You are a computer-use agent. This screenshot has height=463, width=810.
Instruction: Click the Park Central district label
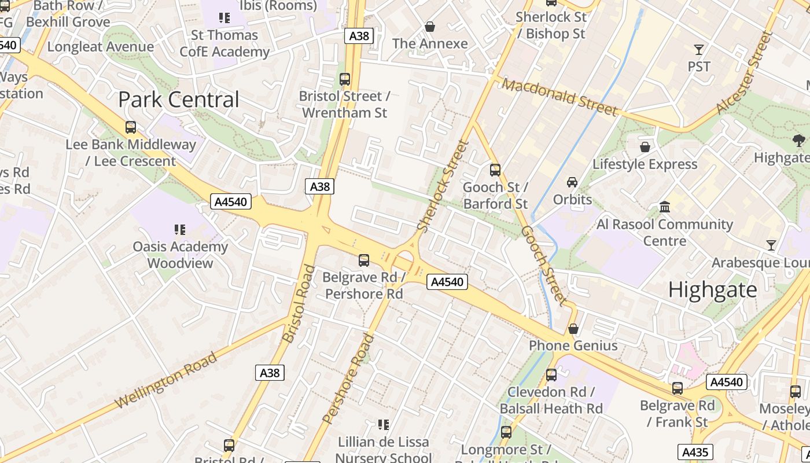point(178,100)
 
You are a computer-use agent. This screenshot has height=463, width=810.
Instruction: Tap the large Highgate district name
point(712,289)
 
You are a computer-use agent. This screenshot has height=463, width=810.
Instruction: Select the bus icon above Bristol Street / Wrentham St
point(345,79)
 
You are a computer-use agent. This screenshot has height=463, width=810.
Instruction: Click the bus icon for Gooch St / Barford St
point(495,170)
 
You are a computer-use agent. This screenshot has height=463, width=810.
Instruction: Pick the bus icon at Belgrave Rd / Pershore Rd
point(364,260)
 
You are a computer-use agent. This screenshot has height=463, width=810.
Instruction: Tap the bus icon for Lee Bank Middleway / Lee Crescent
point(131,127)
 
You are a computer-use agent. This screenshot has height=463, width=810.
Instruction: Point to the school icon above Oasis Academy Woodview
point(180,230)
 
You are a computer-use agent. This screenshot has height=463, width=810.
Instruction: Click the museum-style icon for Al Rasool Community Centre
point(665,207)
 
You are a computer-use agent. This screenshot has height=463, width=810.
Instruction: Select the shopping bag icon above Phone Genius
point(573,329)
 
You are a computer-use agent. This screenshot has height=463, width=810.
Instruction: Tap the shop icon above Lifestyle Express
point(645,147)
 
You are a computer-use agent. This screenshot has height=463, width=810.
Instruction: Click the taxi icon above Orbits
point(572,182)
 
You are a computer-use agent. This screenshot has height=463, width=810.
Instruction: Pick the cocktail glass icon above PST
point(699,50)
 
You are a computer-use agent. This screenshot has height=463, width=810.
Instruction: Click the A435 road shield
point(695,452)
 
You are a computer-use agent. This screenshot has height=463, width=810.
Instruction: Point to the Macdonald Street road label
point(559,97)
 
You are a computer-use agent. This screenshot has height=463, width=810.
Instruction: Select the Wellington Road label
point(166,379)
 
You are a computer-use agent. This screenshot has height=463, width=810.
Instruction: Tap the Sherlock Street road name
point(443,186)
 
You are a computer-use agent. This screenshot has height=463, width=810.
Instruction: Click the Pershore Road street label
point(348,379)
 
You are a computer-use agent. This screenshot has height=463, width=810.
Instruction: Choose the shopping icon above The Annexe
point(430,27)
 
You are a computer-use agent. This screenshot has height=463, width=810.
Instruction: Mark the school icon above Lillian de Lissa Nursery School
point(383,425)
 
